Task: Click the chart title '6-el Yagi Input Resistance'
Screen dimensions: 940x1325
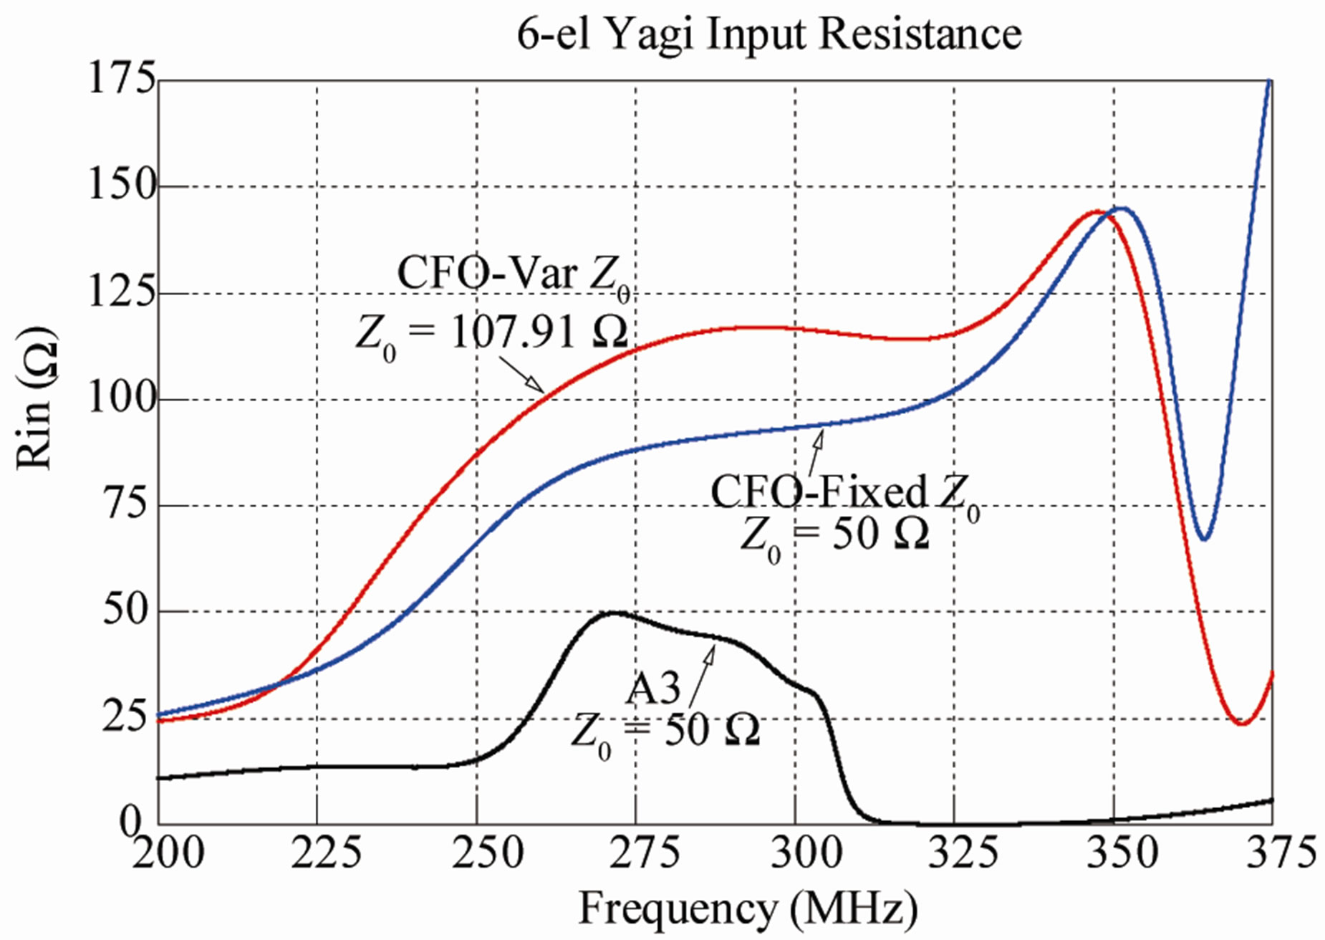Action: point(768,34)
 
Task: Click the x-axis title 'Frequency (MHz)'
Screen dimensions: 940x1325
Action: point(747,908)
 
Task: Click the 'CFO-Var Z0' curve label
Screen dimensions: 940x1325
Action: point(514,274)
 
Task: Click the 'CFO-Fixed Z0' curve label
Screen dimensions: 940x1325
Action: point(845,493)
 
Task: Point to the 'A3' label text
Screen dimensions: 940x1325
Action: point(652,689)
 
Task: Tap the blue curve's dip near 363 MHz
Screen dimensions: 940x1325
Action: point(1205,539)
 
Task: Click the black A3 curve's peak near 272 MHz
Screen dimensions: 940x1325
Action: point(615,613)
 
